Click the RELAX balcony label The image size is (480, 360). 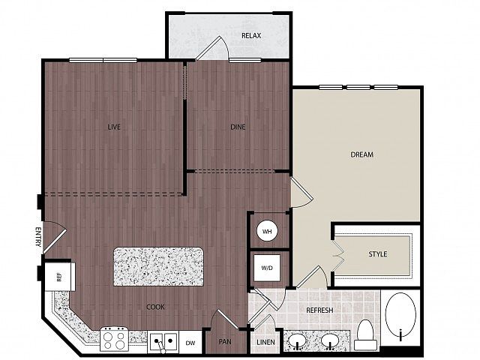[251, 36]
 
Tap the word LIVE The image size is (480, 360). [114, 127]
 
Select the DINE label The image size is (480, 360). [238, 127]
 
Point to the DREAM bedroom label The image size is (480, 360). [361, 154]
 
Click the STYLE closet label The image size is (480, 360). [378, 254]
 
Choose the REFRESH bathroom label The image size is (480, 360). [319, 310]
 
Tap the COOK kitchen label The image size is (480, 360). [155, 307]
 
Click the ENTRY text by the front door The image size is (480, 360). [38, 237]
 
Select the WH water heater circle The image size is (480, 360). [267, 231]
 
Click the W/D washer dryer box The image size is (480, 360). [267, 268]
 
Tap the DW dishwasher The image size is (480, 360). [190, 343]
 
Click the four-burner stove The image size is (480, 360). [114, 339]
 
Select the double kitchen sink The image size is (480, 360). [163, 341]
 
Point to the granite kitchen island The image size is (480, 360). [158, 267]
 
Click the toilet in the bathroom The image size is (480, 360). [365, 334]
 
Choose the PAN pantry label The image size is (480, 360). [225, 342]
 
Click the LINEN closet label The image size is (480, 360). [265, 342]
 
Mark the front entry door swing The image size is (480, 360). [55, 238]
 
